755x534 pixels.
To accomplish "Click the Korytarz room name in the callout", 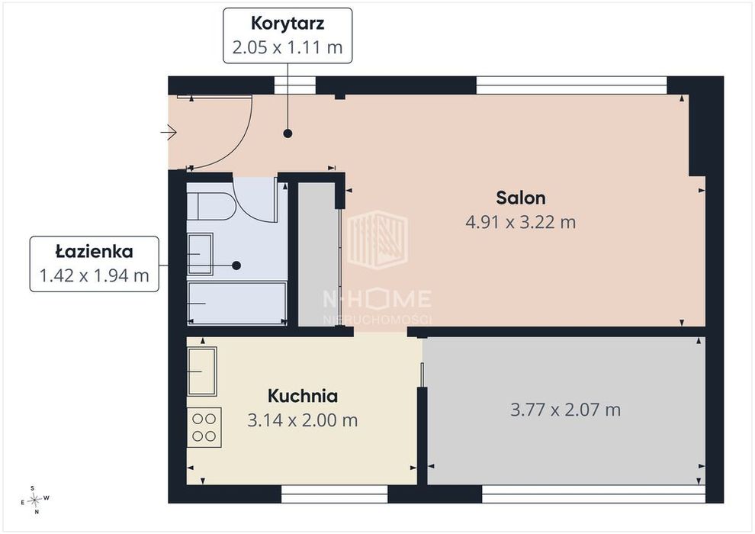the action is pos(288,24).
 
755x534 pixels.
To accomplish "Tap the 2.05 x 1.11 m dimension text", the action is pos(288,47).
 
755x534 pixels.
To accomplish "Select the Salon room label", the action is pos(521,198).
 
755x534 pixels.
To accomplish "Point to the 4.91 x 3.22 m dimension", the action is pos(521,222).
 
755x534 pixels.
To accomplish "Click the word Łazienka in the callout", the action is pos(95,251).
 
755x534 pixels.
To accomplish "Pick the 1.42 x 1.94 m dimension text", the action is pos(95,275).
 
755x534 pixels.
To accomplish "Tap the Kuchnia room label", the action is pos(303,396).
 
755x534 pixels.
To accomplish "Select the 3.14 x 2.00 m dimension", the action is pos(303,420).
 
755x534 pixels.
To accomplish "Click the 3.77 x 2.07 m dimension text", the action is pos(565,410).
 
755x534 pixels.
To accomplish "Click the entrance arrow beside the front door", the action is pos(169,132).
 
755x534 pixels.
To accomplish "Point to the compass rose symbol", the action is pos(34,500).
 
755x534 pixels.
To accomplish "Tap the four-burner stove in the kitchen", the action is pos(204,428).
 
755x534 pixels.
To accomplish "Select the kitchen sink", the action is pos(202,372).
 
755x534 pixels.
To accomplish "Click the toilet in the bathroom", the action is pos(210,207).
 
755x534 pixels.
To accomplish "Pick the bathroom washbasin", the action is pos(200,254).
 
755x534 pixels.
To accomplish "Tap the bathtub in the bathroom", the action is pos(237,304).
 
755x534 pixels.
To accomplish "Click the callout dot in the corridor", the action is pos(288,133).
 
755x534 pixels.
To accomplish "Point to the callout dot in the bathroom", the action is pos(236,265).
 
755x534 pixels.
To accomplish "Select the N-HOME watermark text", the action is pos(377,299).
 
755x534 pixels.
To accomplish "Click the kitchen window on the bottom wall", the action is pos(334,494).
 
